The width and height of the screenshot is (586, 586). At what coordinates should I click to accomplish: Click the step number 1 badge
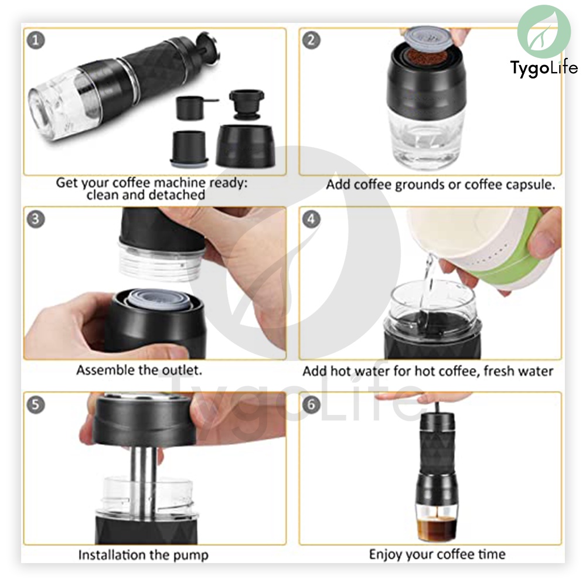point(36,40)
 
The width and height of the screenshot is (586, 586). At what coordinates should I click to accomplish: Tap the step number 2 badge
point(311,40)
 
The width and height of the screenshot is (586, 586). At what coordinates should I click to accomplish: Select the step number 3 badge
point(36,219)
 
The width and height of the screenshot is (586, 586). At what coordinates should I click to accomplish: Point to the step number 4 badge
point(311,219)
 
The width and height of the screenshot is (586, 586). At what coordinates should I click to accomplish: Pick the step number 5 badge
point(36,404)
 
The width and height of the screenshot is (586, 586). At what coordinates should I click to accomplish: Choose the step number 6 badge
point(311,404)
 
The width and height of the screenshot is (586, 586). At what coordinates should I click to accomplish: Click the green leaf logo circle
point(544,32)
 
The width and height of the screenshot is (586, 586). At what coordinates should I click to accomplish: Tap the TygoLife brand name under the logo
point(544,69)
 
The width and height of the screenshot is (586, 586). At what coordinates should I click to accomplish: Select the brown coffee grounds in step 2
point(427,57)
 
